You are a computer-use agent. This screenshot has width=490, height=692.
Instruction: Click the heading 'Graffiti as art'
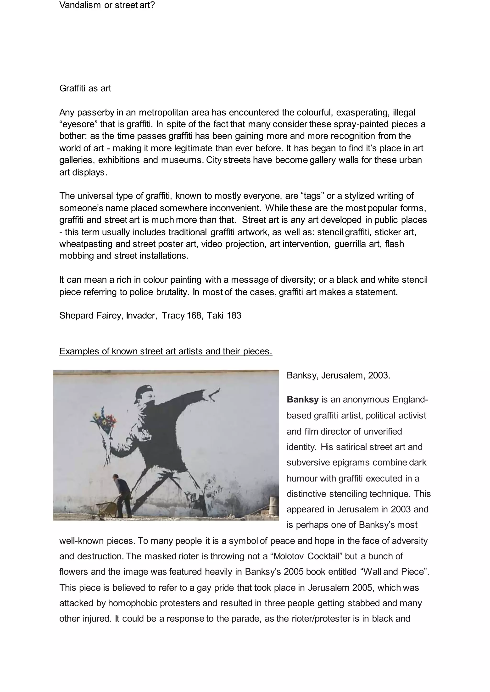85,88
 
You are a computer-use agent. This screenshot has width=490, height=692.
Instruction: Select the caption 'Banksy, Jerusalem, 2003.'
338,375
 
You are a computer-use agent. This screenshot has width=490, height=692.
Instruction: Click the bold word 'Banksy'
302,400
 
